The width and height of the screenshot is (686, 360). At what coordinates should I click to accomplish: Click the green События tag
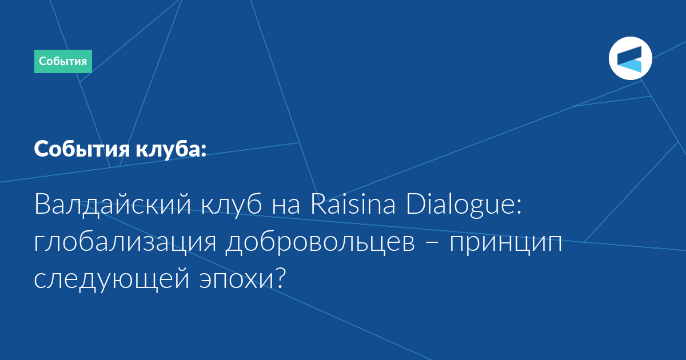pos(63,61)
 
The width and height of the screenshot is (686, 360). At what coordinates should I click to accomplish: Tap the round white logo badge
pos(630,58)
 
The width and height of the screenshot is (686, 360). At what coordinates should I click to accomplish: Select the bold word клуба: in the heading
pos(171,149)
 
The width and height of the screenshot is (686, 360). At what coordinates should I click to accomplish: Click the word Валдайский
pos(113,205)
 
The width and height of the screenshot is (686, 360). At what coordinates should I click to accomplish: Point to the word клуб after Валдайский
pos(232,204)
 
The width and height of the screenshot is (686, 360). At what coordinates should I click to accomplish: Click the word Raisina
pos(353,203)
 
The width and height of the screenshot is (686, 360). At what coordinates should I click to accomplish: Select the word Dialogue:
pos(464,205)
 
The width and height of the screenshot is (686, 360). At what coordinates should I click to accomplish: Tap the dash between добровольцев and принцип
pos(432,243)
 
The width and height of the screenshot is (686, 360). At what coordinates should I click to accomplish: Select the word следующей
pos(111,280)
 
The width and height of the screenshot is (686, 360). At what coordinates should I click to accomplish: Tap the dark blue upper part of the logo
pos(629,55)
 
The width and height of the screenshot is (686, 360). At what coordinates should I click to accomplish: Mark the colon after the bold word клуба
pos(204,150)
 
